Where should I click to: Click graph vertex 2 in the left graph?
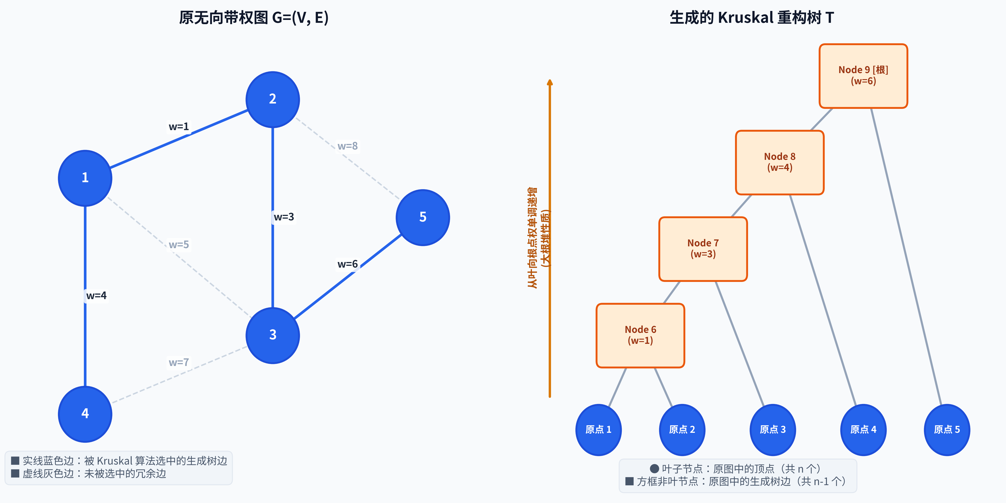point(273,99)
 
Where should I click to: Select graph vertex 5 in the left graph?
point(423,218)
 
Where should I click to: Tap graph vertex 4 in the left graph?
point(85,414)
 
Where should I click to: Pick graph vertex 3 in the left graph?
point(273,336)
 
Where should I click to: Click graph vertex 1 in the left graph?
point(85,178)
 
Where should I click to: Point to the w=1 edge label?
point(179,127)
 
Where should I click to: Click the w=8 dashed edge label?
point(348,146)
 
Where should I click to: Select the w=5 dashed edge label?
point(179,245)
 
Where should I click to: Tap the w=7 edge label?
point(179,362)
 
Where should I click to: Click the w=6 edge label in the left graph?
point(348,264)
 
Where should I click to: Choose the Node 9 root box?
point(863,76)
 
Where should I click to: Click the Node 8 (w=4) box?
point(780,163)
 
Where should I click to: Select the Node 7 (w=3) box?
point(703,249)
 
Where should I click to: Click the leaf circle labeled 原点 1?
point(598,430)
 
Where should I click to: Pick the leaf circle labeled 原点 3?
point(772,430)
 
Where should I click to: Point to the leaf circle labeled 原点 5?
point(947,430)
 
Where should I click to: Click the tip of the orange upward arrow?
point(550,80)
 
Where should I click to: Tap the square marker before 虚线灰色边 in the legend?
point(15,473)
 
